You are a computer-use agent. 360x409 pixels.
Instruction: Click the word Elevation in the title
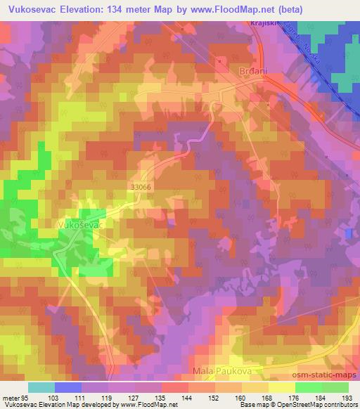pyautogui.click(x=84, y=8)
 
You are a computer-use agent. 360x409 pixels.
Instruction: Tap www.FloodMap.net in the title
pyautogui.click(x=240, y=8)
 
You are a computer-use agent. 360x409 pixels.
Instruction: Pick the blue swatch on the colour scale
pyautogui.click(x=67, y=387)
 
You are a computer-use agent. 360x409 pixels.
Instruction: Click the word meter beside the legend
pyautogui.click(x=10, y=398)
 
